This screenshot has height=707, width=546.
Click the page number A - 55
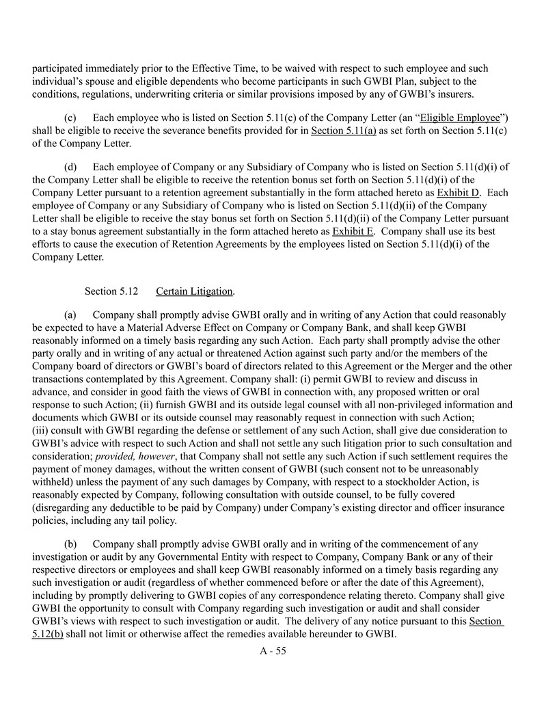click(x=273, y=650)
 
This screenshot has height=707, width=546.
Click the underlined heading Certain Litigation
click(x=195, y=291)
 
